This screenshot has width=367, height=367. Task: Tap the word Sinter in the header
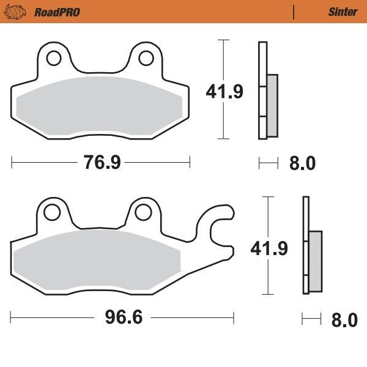coord(343,12)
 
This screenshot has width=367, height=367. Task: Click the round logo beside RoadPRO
coord(18,12)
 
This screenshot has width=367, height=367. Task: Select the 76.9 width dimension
coord(101,163)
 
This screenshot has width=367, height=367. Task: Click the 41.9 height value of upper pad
coord(224,92)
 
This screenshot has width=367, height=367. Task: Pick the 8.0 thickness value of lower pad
coord(344,320)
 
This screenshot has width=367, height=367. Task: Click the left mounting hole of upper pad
coord(53,59)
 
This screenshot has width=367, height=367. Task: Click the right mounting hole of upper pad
coord(146,58)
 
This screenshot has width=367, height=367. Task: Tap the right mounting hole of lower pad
coord(143,212)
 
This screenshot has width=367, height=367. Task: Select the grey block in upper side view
coord(272,106)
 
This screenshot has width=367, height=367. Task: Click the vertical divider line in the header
coord(294,12)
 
